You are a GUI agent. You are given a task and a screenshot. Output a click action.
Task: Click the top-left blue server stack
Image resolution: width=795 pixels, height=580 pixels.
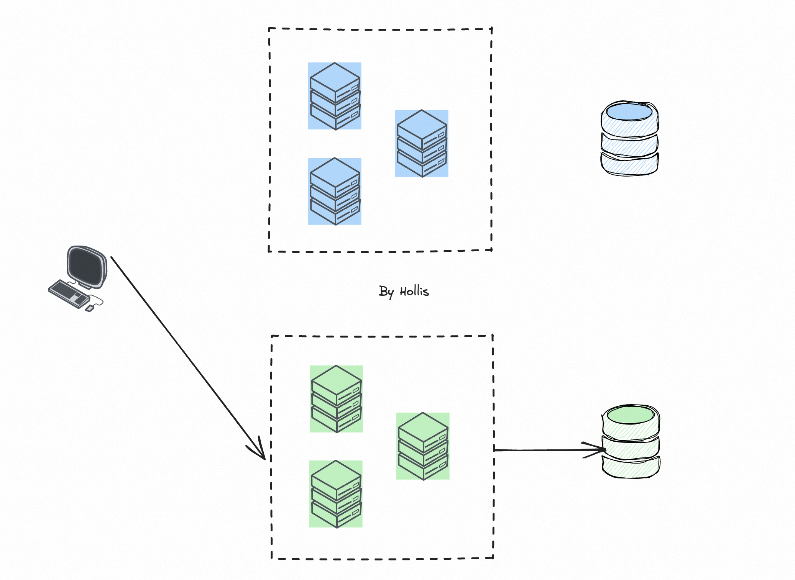(x=335, y=96)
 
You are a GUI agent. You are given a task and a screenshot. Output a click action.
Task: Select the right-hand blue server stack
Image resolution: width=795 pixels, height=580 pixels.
(x=422, y=144)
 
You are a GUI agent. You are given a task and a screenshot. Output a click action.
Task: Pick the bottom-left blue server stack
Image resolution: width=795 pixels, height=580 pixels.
(x=335, y=191)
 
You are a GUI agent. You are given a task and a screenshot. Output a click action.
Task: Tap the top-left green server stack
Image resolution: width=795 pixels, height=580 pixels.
(x=336, y=399)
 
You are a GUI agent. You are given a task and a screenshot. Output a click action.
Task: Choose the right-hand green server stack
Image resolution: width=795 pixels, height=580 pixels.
(x=423, y=446)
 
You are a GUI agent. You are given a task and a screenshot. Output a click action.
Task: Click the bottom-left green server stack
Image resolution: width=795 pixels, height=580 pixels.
(x=336, y=494)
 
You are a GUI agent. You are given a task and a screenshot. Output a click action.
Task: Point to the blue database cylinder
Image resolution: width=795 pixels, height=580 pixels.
(x=629, y=139)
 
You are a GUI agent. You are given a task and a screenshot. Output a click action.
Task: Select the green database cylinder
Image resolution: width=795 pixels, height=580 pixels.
(x=631, y=442)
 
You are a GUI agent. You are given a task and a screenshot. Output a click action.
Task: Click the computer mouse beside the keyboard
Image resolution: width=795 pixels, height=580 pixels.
(x=90, y=308)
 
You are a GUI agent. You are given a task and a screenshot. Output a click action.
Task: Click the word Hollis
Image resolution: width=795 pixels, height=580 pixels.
(x=414, y=292)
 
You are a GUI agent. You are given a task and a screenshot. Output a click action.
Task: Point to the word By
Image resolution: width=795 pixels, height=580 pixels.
(x=386, y=292)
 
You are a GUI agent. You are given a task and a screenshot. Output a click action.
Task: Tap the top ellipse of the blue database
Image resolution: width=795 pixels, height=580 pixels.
(x=629, y=112)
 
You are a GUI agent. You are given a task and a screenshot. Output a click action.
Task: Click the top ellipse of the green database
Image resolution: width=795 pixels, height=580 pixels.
(x=631, y=415)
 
